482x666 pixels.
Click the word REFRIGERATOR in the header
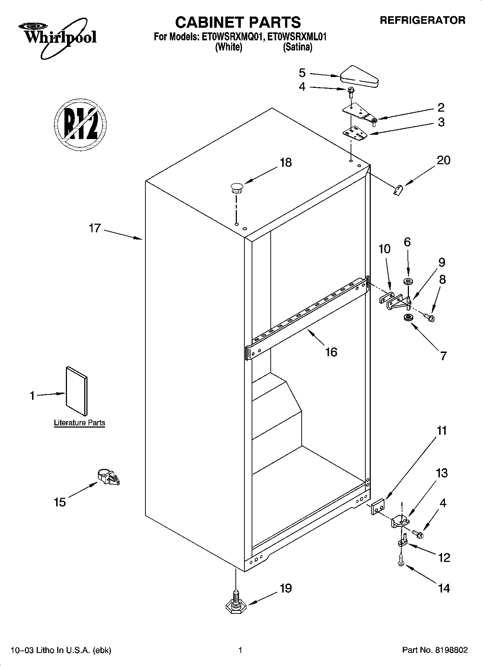(x=423, y=21)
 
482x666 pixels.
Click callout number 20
(x=443, y=160)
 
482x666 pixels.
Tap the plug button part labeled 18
(x=236, y=188)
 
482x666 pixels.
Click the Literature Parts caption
(x=80, y=423)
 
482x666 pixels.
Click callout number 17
(x=95, y=228)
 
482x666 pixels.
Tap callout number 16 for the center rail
(x=331, y=352)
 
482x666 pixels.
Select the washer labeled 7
(x=408, y=318)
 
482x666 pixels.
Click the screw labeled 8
(x=430, y=317)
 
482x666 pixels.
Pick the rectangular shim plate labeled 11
(x=378, y=507)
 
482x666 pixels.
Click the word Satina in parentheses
(x=297, y=47)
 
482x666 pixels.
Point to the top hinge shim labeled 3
(x=355, y=133)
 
